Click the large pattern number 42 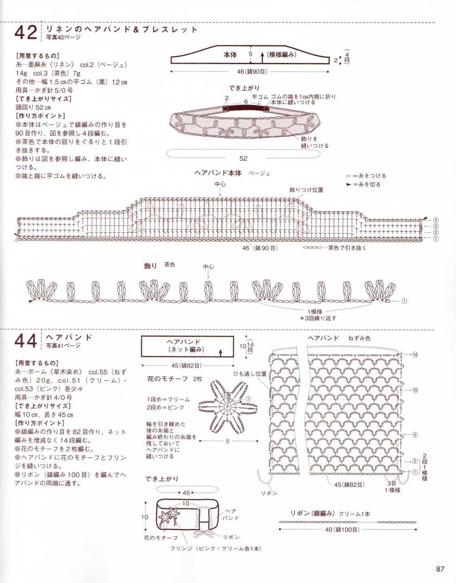coord(26,33)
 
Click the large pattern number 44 coord(26,341)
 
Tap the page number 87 coord(440,569)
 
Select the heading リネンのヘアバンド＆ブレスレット coord(121,29)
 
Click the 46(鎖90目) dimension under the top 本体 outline coord(252,72)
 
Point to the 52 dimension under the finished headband coord(243,158)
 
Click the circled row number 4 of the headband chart coord(436,220)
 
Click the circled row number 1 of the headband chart coord(436,239)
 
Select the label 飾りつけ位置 coord(306,190)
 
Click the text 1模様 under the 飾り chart coord(315,311)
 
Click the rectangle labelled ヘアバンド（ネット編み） coord(187,346)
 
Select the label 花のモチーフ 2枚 coord(174,379)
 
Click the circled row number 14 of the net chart coord(415,355)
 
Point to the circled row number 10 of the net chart coord(415,390)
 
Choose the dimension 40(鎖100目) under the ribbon coord(342,529)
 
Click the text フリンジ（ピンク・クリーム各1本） coord(216,549)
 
